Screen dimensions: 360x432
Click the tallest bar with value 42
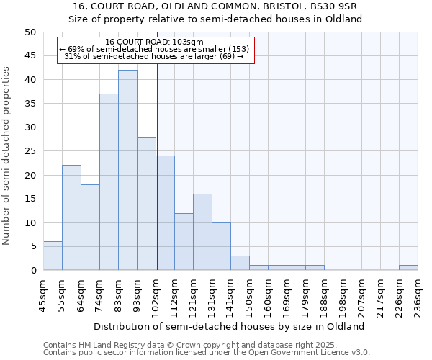[127, 170]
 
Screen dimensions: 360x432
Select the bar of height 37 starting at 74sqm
[109, 181]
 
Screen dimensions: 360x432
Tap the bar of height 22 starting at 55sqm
[71, 217]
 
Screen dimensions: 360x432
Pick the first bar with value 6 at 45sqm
[53, 256]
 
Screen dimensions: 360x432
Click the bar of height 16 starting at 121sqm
[202, 232]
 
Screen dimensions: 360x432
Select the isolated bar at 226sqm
[408, 268]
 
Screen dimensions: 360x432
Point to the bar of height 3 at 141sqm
[240, 263]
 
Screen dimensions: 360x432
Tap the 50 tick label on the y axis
[30, 32]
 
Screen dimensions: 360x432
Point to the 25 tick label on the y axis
[30, 151]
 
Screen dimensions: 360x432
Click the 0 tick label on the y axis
[33, 271]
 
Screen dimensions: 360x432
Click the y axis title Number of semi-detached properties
[7, 156]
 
